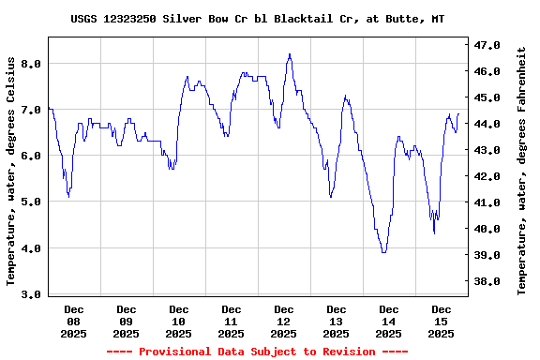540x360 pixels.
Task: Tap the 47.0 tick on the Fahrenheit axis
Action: point(488,45)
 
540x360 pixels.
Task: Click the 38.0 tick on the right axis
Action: point(488,281)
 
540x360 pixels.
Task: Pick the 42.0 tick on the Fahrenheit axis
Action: point(488,176)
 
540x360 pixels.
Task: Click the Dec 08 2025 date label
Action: point(73,321)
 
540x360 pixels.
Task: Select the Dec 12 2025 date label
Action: point(283,321)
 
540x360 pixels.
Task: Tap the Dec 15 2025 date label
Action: point(441,321)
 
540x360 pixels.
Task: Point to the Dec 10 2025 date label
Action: point(178,321)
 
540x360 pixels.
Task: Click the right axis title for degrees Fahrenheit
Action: point(522,171)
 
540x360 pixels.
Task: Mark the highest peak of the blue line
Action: point(290,54)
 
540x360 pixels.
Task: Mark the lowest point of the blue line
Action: point(383,252)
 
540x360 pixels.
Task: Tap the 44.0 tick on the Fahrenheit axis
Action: point(488,124)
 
